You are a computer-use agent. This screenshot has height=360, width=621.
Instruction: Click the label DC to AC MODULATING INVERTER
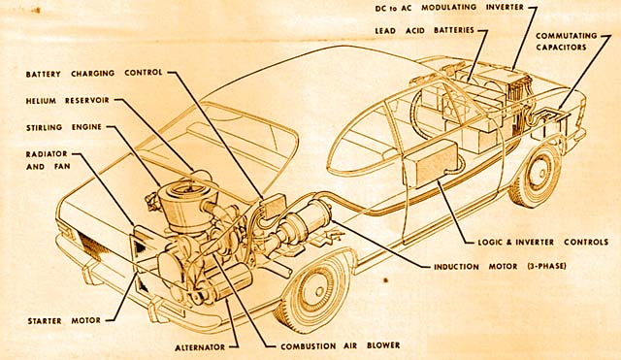point(449,8)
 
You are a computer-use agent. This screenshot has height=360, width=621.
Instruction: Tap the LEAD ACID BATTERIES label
point(424,30)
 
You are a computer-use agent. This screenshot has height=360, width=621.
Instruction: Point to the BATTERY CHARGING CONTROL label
point(94,74)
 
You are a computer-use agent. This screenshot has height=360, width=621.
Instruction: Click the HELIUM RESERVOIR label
point(67,101)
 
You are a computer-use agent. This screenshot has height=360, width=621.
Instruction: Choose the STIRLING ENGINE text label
point(64,127)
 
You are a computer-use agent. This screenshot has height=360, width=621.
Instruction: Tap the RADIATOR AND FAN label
point(48,160)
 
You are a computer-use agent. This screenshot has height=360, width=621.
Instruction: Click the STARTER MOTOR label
point(64,321)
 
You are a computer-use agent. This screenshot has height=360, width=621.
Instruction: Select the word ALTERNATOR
point(200,347)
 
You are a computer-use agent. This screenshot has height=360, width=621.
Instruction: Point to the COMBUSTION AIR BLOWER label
point(341,345)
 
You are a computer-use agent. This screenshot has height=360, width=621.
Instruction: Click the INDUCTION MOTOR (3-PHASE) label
point(500,267)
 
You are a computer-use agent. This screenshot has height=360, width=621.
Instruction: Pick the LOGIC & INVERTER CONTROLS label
point(542,242)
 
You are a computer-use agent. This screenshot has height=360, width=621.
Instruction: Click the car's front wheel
point(313,286)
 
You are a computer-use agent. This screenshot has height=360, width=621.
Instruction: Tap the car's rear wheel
point(536,176)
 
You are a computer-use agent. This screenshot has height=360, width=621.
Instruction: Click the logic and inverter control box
point(431,163)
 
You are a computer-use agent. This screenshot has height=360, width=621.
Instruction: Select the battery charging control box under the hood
point(274,206)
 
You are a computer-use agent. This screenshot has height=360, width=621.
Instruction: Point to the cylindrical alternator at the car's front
point(229,282)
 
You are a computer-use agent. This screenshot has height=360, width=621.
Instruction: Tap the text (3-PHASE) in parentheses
point(547,266)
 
